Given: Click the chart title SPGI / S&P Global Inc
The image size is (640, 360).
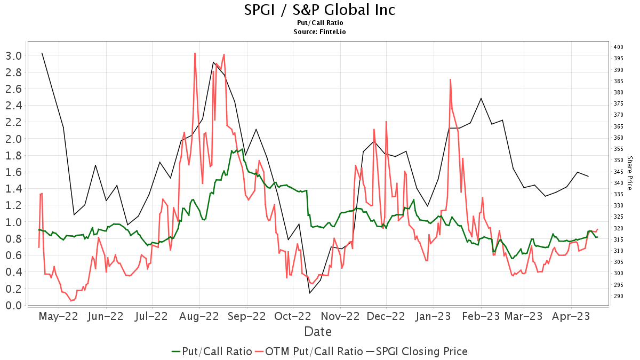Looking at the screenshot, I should coord(320,10).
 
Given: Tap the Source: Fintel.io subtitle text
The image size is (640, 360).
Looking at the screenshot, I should coord(320,32).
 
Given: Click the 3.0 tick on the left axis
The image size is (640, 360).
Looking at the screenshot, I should coord(13,55).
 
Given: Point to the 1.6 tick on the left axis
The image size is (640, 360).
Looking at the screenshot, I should coord(13,172).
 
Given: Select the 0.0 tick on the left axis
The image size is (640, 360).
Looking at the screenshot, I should coord(13,306).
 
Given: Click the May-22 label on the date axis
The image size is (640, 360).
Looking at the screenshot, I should coord(59,316).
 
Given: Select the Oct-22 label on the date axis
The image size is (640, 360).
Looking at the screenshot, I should coord(292,316).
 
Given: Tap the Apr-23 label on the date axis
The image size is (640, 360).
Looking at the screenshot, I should coord(571,316).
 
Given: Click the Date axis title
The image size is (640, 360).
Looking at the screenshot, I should coord(318,332).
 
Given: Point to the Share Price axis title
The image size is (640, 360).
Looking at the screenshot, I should coord(630,173).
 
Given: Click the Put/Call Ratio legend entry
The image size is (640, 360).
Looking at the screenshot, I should coord(212,351).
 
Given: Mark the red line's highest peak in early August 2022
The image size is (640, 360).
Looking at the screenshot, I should coord(195,53).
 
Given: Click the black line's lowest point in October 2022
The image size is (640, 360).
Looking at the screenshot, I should coord(309,293).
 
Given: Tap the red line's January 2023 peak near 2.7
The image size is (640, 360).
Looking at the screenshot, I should coord(450,79).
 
